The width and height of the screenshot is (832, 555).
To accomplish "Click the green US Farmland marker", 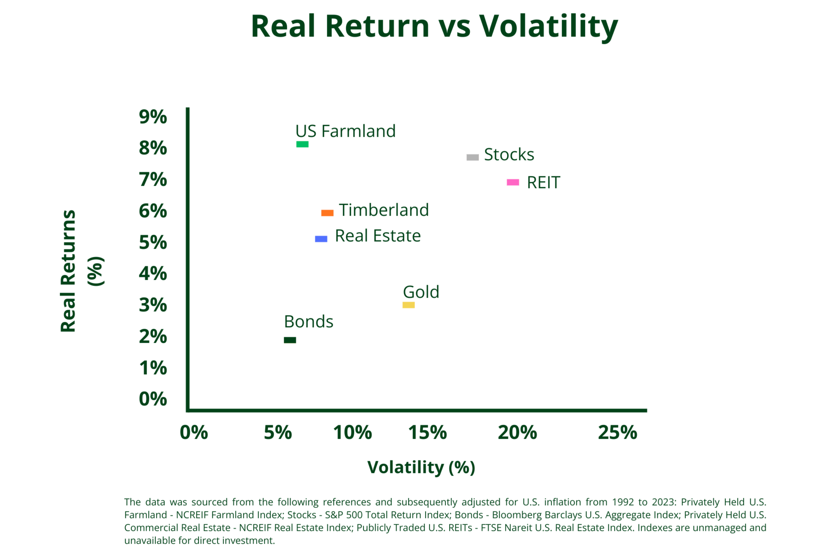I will click(302, 144).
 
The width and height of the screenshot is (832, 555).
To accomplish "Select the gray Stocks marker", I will click(472, 157).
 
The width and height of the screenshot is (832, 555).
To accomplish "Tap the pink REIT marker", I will click(513, 182).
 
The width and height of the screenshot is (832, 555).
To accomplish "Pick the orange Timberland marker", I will click(327, 213).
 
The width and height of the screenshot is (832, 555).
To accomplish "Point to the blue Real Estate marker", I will click(321, 239).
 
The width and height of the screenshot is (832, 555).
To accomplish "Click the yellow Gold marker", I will click(408, 305).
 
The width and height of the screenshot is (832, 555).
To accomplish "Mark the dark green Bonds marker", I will click(290, 340).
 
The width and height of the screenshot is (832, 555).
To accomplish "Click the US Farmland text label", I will click(345, 131).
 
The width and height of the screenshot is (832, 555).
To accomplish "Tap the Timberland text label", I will click(384, 210).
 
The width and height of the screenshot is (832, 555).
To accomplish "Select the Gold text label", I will click(421, 292).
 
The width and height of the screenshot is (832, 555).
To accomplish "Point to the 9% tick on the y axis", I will click(153, 117).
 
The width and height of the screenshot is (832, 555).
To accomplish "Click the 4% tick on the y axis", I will click(153, 274).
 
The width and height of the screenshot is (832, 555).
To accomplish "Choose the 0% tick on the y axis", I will click(153, 399).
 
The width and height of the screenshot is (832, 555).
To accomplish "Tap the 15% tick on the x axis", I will click(427, 433).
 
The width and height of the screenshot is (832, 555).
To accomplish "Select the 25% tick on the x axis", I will click(618, 433).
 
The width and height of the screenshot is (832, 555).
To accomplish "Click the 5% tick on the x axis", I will click(278, 433).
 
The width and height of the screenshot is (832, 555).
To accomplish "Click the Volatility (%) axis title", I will click(421, 467).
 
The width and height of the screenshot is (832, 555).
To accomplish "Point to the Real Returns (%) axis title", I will click(82, 271).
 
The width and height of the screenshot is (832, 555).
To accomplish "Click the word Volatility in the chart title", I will click(548, 26).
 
